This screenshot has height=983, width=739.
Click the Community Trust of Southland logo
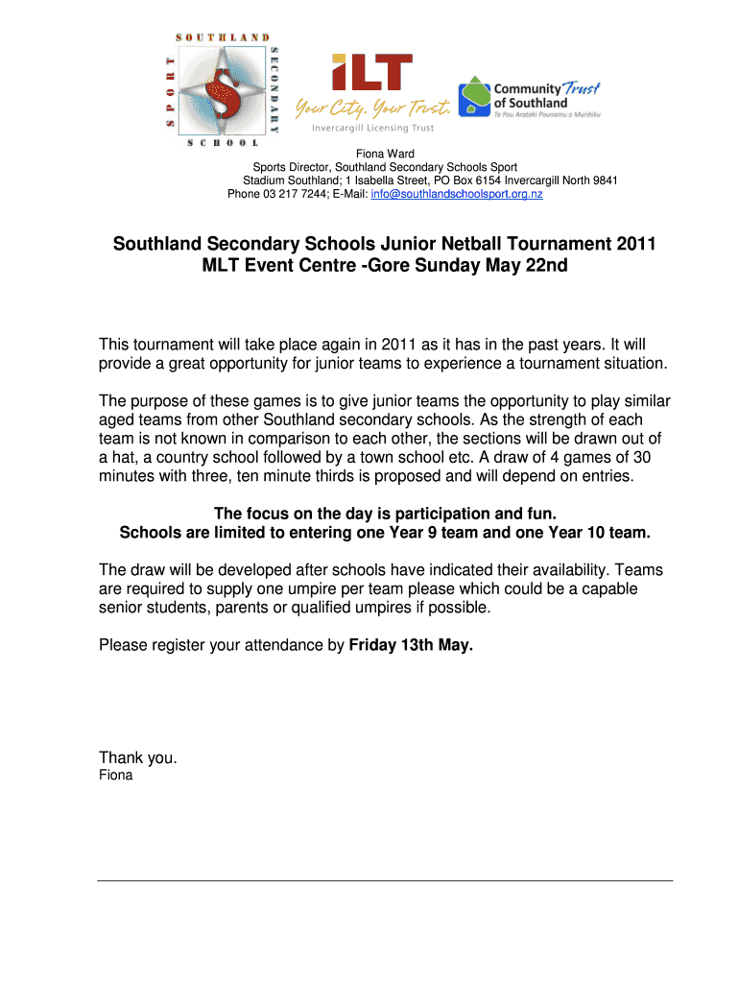(529, 97)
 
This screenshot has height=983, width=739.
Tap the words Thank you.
(138, 757)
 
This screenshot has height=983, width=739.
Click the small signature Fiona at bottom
(116, 775)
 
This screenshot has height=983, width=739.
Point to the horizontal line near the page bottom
(385, 880)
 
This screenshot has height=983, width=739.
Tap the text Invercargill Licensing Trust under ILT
(372, 128)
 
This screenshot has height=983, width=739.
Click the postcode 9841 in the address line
(604, 180)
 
